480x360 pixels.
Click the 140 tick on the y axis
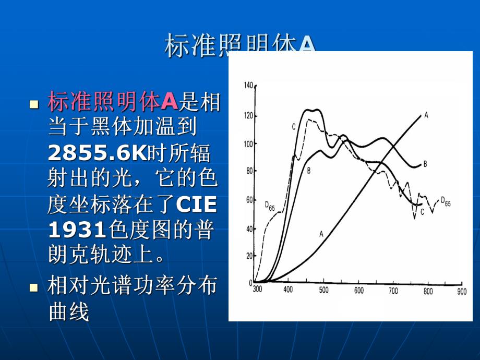(248, 85)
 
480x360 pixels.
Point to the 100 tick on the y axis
(248, 143)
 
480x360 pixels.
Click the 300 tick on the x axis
(257, 291)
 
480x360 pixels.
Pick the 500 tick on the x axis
(323, 291)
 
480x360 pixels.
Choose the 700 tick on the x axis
(393, 291)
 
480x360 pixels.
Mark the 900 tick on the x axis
(461, 291)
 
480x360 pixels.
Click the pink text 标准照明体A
(113, 102)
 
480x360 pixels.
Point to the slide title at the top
(240, 46)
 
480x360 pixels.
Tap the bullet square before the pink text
(35, 104)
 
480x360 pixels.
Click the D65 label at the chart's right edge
(446, 200)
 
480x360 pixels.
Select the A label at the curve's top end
(426, 115)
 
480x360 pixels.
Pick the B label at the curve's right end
(425, 164)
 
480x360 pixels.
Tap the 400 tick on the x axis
(288, 291)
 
